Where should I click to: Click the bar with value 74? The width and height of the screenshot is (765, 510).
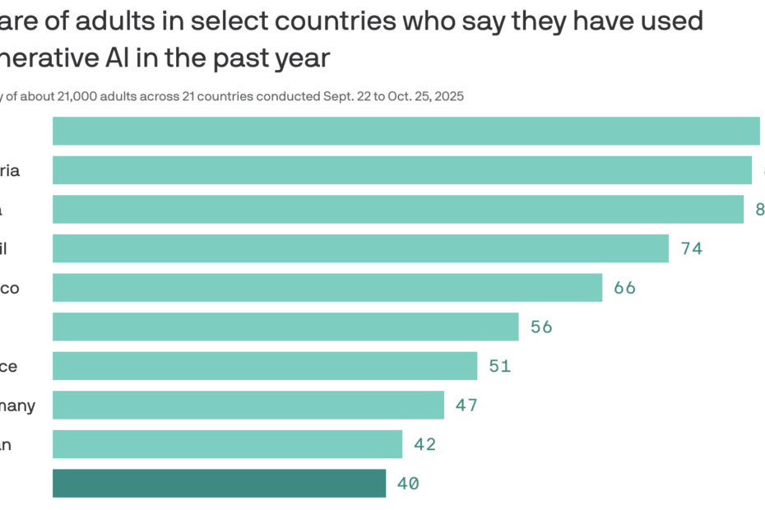(360, 248)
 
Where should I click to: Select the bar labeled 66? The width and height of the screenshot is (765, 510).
(327, 288)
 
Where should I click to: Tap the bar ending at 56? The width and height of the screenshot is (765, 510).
(285, 327)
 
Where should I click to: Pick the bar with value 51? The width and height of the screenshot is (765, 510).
(265, 366)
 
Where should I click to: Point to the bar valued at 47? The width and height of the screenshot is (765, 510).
(248, 405)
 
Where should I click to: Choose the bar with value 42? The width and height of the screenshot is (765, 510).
(227, 444)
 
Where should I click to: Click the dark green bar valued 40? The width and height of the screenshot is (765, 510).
(219, 484)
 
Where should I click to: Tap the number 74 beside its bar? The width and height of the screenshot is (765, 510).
(691, 248)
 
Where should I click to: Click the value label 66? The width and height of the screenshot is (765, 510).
(624, 288)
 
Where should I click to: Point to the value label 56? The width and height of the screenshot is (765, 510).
(541, 327)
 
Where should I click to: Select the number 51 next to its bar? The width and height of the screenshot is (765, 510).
(499, 366)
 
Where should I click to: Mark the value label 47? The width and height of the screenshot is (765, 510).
(466, 406)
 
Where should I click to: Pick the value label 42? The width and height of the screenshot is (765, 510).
(424, 445)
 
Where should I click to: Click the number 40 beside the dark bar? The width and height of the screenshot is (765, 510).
(408, 484)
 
